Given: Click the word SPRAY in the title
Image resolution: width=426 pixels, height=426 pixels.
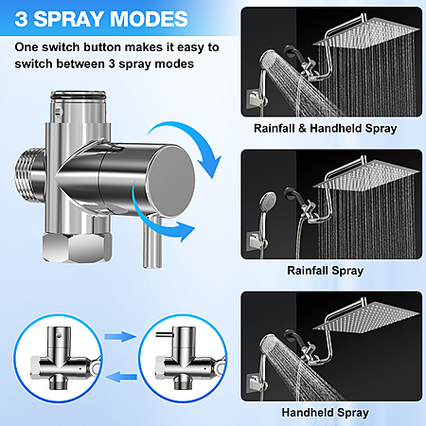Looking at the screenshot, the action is point(69,19).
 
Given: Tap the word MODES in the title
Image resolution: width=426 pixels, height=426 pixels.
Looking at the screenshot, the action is point(149,19).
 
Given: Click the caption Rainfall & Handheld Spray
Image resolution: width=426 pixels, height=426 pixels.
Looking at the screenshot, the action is point(326,129).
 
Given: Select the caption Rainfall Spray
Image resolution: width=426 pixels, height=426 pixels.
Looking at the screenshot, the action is point(326,271).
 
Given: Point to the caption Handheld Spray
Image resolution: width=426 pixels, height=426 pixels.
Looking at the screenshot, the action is point(326,413).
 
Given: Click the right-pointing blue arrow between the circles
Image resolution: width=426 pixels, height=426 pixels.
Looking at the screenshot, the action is point(120,336).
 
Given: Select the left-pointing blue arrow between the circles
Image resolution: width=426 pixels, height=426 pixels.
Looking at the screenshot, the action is point(121,377).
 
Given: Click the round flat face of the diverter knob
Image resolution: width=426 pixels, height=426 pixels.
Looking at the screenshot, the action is point(171,181).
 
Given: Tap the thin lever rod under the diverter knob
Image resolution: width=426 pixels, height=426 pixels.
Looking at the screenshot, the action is point(152,241).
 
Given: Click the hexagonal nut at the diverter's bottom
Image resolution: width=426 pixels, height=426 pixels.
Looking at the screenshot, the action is point(77,248).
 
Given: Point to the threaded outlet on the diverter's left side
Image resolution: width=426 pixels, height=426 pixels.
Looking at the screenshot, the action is point(30,174).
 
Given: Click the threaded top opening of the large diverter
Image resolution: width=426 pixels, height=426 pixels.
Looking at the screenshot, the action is point(79,95).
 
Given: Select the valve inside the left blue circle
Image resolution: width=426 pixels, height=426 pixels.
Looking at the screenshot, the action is point(64,359).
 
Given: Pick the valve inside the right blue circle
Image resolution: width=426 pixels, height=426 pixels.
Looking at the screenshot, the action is point(189,359).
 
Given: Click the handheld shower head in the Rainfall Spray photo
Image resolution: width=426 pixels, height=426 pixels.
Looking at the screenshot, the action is point(268,201).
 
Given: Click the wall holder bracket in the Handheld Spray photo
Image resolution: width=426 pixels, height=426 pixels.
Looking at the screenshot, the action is point(257,382).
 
